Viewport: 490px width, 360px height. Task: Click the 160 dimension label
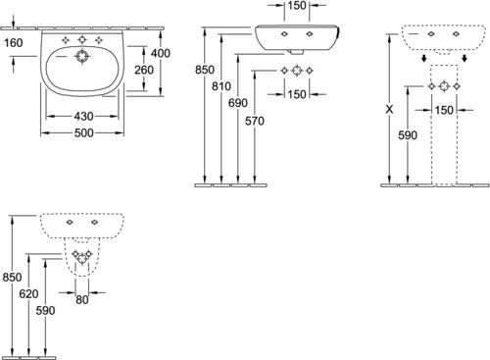pos(14,43)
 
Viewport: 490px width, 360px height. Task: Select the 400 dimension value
pos(161,53)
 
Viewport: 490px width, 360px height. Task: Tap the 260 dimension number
pos(144,70)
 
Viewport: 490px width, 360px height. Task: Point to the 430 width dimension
pos(83,116)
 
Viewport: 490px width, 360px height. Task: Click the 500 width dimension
pos(84,133)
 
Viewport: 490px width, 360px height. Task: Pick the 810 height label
pos(221,86)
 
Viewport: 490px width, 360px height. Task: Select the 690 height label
pos(238,103)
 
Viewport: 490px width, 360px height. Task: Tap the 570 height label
pos(255,122)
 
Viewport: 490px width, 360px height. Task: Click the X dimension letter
pos(389,110)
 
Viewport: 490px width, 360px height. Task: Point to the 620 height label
pos(28,294)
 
